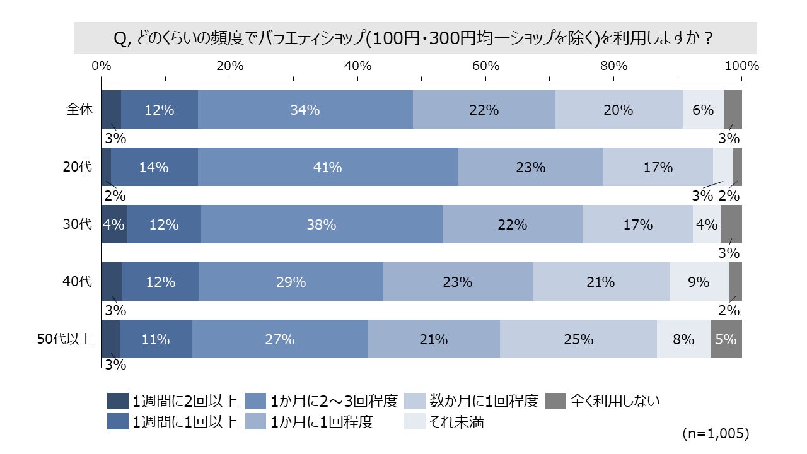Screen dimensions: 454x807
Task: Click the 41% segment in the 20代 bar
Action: pos(328,167)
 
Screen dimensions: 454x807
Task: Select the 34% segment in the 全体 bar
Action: pos(305,110)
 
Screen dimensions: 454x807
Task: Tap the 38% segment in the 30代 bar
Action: pos(322,224)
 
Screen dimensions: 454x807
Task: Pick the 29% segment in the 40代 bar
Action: pos(291,282)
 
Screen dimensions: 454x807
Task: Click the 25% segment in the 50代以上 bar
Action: pos(578,339)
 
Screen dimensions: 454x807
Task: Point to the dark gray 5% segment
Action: pos(726,339)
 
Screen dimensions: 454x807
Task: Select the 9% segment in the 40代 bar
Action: pos(699,282)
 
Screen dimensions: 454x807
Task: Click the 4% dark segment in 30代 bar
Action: pos(114,224)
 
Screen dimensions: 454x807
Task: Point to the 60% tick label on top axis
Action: pos(485,66)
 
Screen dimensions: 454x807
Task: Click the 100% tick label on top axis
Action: pos(741,66)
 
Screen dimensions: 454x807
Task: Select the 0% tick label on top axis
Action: pos(102,66)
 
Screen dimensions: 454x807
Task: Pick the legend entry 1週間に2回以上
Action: pos(183,400)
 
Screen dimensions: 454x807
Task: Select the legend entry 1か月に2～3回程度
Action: pos(334,400)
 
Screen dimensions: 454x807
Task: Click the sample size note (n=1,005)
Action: pos(716,434)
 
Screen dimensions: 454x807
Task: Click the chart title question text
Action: pos(415,38)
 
